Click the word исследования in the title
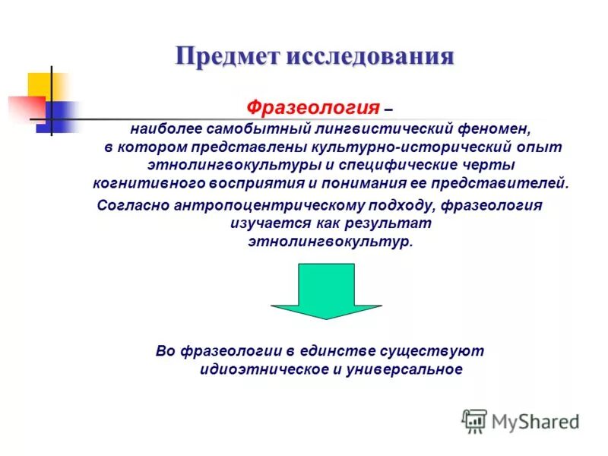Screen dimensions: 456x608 (369, 57)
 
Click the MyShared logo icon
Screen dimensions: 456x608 (474, 421)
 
